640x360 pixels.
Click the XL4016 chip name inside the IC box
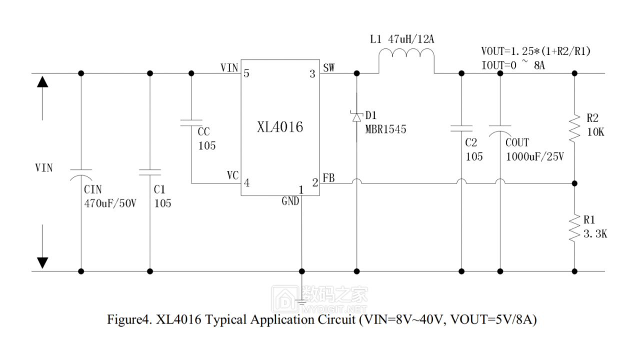280,127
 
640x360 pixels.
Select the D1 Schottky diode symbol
356,117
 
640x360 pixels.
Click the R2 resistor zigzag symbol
574,128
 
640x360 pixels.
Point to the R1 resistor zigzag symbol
574,228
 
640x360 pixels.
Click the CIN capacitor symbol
81,173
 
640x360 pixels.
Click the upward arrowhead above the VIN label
43,81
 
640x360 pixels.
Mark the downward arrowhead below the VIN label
43,262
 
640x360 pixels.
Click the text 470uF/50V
110,203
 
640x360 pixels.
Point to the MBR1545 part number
385,129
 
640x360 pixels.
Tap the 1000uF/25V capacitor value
534,156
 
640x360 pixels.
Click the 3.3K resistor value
595,233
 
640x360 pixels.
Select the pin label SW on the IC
329,67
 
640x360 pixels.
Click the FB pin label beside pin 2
328,177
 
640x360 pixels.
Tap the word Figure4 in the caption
129,320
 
